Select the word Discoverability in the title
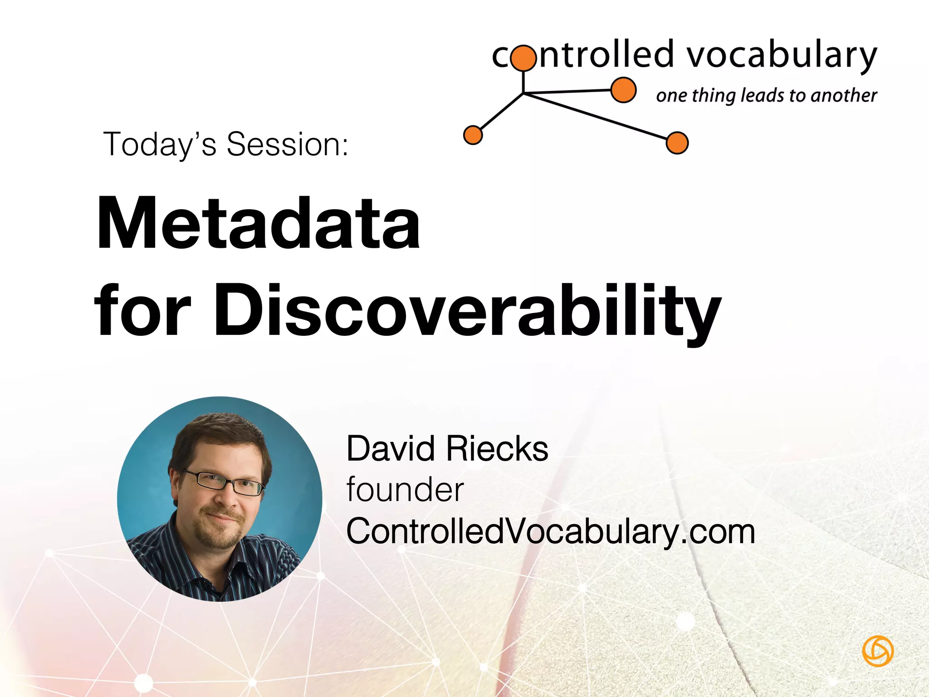pos(467,311)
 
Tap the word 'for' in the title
pos(142,311)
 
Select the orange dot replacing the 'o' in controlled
pos(523,58)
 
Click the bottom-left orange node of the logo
pos(473,135)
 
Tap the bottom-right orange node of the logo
pos(677,143)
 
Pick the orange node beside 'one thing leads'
pos(623,90)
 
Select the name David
pos(391,449)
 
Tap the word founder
pos(405,490)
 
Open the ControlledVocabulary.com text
pos(550,531)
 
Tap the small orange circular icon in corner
pos(877,651)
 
